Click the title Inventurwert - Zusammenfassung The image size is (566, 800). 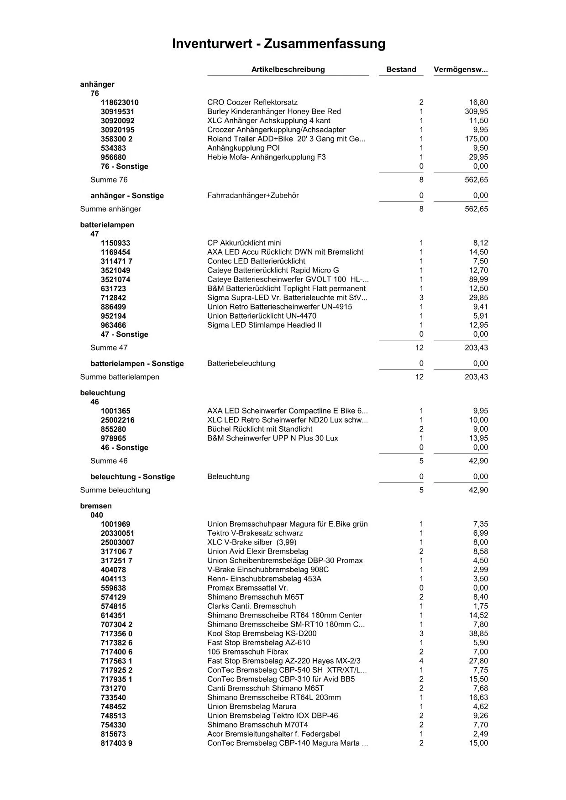click(x=278, y=44)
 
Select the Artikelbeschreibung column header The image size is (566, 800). click(x=288, y=69)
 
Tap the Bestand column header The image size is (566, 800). click(x=401, y=69)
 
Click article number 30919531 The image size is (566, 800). click(x=118, y=112)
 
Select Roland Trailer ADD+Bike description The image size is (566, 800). click(x=286, y=139)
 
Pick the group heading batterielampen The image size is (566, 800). click(x=107, y=225)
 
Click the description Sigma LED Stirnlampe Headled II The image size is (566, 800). click(x=264, y=325)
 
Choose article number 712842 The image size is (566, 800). click(x=113, y=298)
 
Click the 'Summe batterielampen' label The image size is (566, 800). click(x=120, y=377)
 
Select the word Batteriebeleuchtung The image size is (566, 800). click(x=241, y=364)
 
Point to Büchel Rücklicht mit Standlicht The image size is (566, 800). click(x=260, y=429)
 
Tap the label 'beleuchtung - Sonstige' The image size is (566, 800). click(x=133, y=477)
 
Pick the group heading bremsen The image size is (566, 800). click(x=96, y=506)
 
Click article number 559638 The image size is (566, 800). click(x=113, y=588)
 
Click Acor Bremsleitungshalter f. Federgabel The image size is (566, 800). click(x=273, y=734)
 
